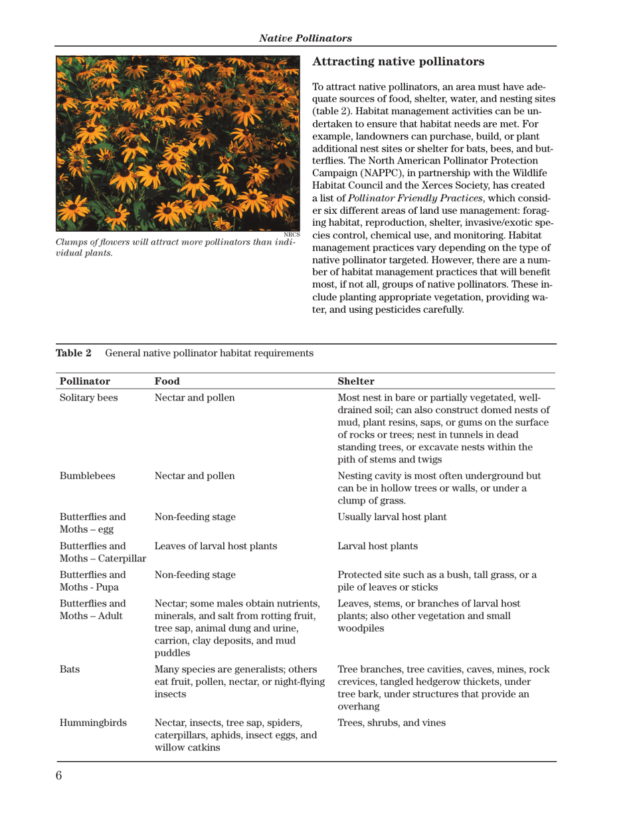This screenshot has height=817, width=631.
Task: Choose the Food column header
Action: pyautogui.click(x=167, y=382)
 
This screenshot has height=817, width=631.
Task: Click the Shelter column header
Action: pyautogui.click(x=357, y=382)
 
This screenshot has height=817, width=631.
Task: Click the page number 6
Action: pyautogui.click(x=59, y=775)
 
